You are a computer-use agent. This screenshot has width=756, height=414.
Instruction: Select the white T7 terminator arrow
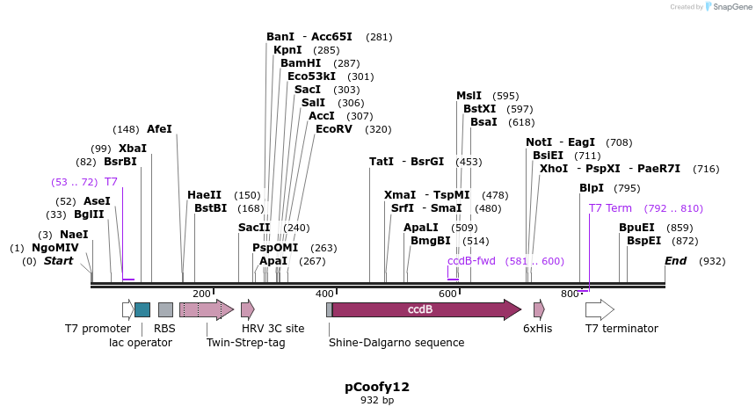(x=599, y=309)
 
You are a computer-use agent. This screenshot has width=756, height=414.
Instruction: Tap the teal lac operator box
(x=142, y=309)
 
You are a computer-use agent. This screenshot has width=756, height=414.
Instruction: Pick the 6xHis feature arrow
(x=539, y=309)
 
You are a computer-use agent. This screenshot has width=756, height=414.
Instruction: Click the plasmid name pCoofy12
(x=377, y=386)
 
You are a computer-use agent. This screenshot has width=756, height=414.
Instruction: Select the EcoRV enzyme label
(x=335, y=129)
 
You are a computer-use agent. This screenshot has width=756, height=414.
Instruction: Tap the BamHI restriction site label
(x=300, y=63)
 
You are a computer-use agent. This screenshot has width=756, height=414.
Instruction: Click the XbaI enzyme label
(x=132, y=149)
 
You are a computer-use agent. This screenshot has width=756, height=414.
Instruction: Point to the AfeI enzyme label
(x=159, y=129)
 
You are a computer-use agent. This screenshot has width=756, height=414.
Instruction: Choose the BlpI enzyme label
(x=592, y=188)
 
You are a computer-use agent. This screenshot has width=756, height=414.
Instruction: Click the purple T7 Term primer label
(x=610, y=208)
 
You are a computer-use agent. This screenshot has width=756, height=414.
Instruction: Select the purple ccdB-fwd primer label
(x=471, y=261)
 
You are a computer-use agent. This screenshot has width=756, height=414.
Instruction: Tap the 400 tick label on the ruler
(x=325, y=294)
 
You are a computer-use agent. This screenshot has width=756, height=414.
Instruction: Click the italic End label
(x=675, y=261)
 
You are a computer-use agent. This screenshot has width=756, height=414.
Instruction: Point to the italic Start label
(x=59, y=261)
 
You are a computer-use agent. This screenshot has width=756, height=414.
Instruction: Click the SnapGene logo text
(x=730, y=7)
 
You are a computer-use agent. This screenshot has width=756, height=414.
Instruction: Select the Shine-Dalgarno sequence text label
(x=396, y=342)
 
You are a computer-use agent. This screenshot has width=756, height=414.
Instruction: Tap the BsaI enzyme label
(x=484, y=122)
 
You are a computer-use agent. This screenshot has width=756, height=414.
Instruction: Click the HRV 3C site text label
(x=273, y=329)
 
